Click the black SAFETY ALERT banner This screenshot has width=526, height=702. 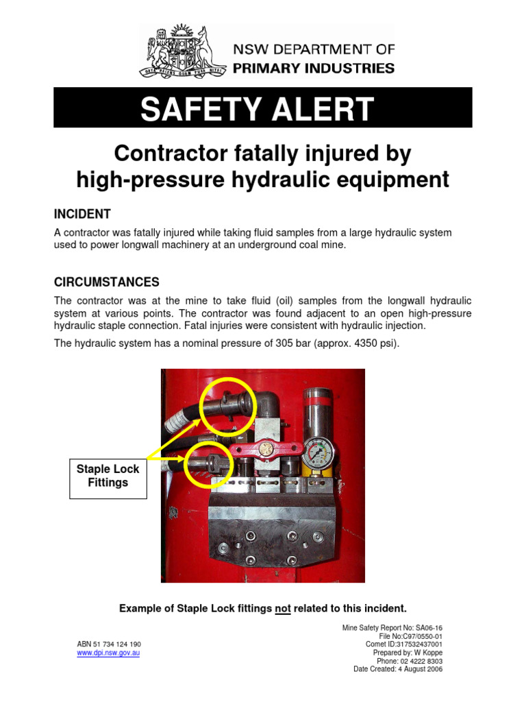tap(263, 108)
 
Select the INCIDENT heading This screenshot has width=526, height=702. tap(82, 214)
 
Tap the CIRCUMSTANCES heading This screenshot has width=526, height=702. tap(106, 282)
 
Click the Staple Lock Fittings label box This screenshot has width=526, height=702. tap(108, 476)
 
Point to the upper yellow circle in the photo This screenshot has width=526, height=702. tap(227, 407)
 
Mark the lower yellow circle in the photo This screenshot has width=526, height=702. tap(210, 466)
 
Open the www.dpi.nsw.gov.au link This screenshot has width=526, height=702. tap(108, 653)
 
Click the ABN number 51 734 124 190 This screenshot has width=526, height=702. tap(109, 644)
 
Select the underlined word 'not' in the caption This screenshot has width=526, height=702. tap(283, 608)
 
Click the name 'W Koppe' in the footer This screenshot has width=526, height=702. tap(428, 653)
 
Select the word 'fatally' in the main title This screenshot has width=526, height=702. tap(262, 153)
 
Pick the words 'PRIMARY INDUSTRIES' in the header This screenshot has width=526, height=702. tap(314, 68)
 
